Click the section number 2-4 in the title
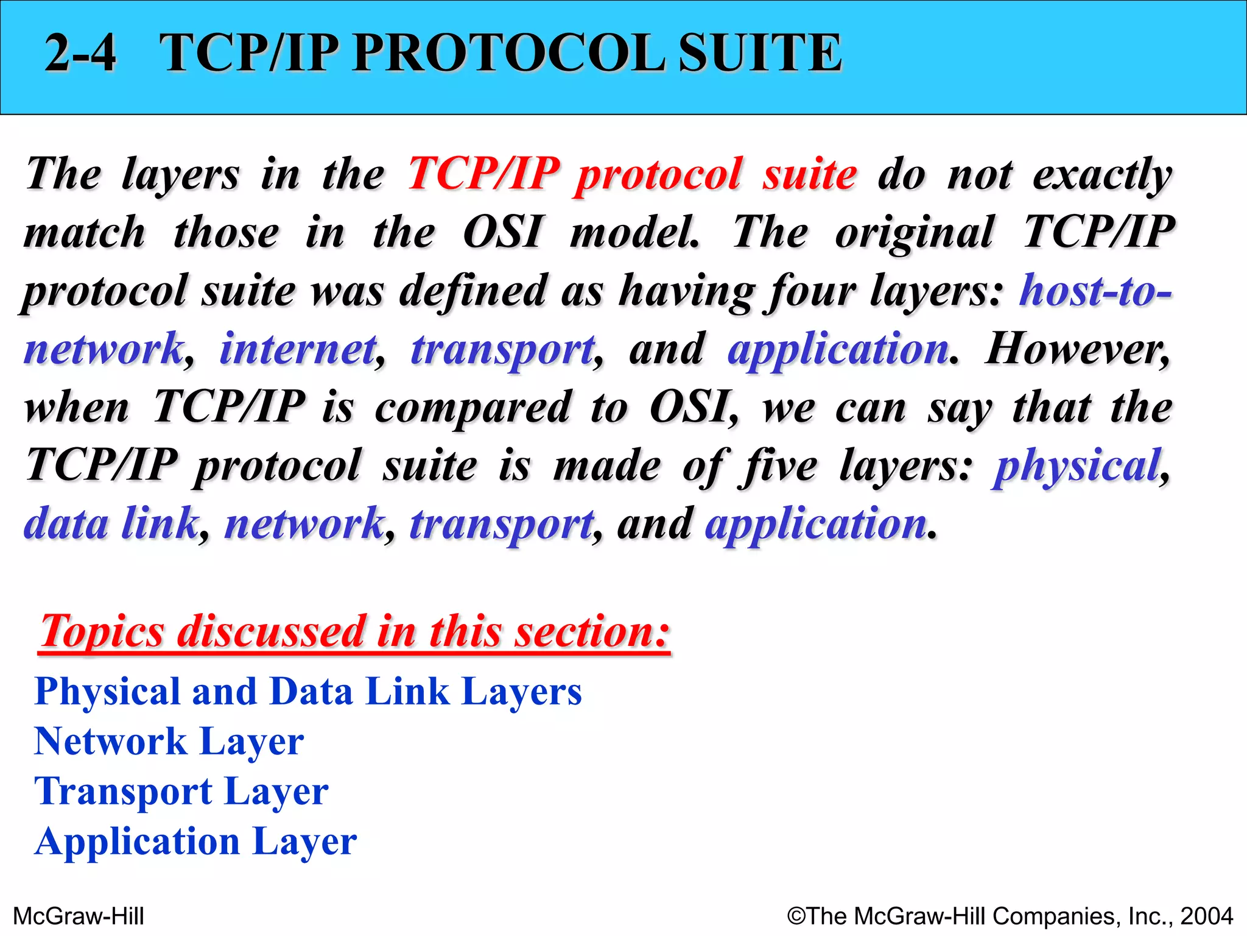[80, 53]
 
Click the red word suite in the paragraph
[810, 174]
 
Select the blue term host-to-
[1095, 290]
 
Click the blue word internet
[298, 349]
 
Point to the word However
[1077, 349]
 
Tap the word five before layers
[778, 466]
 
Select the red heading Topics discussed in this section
[355, 631]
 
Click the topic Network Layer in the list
[169, 742]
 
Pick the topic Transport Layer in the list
[181, 792]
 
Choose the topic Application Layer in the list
[195, 842]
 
